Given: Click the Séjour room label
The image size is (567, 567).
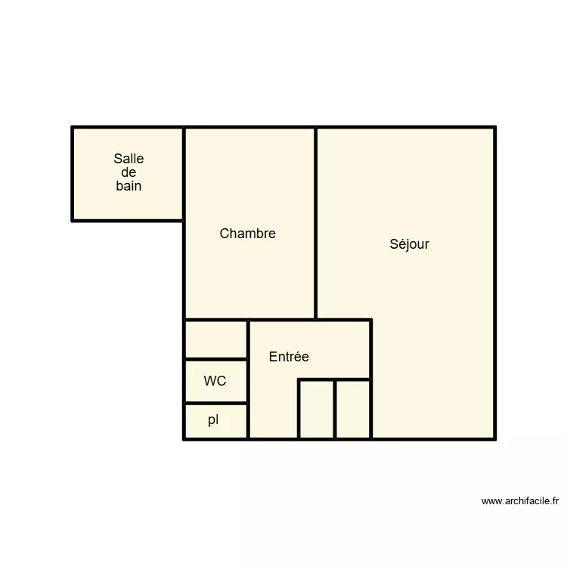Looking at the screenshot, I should click(409, 244).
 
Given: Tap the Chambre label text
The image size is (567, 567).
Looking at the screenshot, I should click(247, 234).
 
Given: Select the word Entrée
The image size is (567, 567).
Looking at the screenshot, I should click(289, 357).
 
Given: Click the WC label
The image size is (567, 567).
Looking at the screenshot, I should click(215, 381).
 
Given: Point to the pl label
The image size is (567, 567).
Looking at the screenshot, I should click(213, 420).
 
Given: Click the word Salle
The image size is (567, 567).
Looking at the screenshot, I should click(129, 159).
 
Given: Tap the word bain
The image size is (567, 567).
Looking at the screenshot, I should click(129, 186).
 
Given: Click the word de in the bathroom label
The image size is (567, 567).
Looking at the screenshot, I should click(129, 172).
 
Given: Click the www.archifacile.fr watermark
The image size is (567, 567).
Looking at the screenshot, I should click(520, 500).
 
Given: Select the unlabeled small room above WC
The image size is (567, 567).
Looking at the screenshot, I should click(216, 339).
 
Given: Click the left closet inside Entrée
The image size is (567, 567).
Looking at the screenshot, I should click(317, 409).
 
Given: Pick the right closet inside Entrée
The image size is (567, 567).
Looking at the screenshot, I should click(353, 409).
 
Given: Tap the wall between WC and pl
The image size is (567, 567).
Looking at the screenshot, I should click(216, 403).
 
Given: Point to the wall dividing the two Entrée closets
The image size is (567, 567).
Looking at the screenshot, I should click(335, 409).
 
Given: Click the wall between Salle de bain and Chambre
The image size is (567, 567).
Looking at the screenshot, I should click(184, 174).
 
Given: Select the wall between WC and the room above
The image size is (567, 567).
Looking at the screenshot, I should click(216, 359).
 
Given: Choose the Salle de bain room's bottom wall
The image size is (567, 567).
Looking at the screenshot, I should click(128, 221).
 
